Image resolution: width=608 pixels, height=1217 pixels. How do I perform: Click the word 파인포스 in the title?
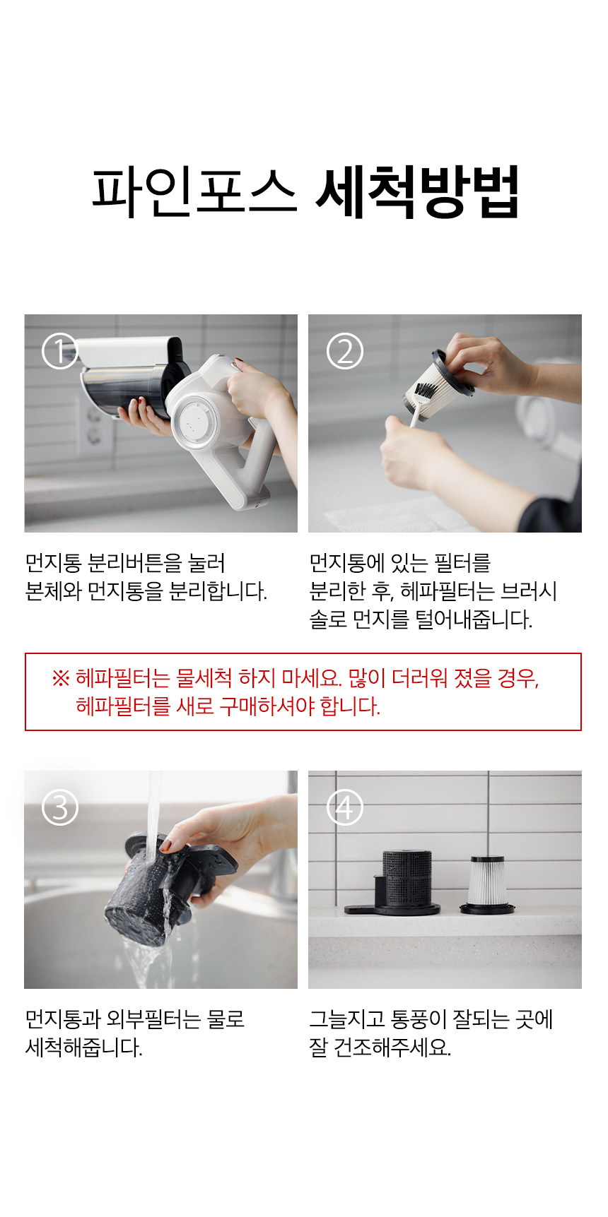[x=194, y=191]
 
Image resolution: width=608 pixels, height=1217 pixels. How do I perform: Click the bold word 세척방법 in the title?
[x=418, y=191]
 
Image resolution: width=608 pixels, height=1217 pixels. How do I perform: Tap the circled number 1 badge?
[x=60, y=351]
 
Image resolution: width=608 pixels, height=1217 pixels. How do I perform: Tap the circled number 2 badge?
[x=345, y=351]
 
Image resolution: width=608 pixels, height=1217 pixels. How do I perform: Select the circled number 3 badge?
[x=60, y=807]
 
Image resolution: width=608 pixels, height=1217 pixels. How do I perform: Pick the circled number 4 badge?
[x=345, y=807]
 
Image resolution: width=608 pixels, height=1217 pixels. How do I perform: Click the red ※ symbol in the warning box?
[x=61, y=678]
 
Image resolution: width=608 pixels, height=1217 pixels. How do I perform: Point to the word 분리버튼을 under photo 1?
[x=135, y=563]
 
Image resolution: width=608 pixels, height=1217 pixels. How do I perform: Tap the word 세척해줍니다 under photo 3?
[x=84, y=1047]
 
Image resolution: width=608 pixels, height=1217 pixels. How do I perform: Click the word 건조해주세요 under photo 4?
[x=392, y=1047]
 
